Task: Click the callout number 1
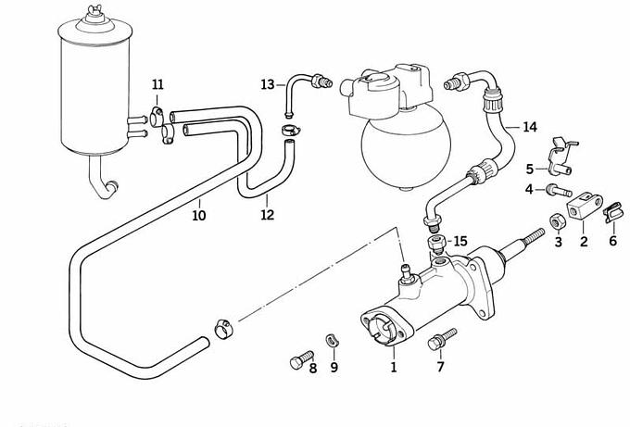393,368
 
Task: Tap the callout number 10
199,216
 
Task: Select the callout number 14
530,127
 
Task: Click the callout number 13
268,85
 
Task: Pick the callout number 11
157,86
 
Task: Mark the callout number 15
460,242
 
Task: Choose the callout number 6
612,241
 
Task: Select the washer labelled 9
332,339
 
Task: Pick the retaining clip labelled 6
610,217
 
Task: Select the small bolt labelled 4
554,191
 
